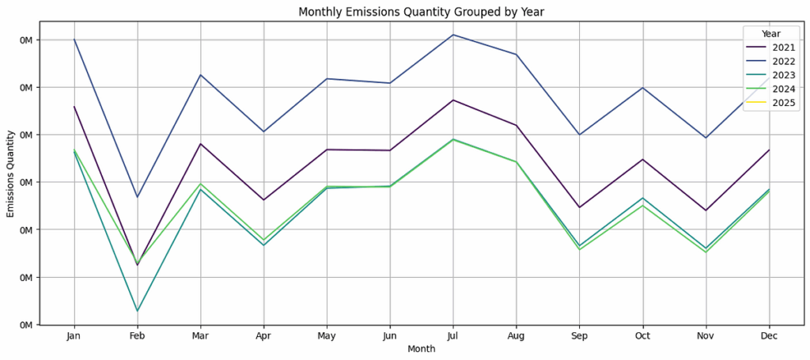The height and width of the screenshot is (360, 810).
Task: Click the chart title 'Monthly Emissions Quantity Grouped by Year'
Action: (x=422, y=11)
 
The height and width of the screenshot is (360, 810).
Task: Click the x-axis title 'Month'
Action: (x=422, y=349)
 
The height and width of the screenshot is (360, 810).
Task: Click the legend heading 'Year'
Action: (x=770, y=33)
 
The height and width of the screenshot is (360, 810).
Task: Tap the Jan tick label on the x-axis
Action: (x=74, y=336)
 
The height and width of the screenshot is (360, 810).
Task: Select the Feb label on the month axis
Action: (x=138, y=336)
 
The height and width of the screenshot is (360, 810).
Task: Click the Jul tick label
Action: (x=453, y=336)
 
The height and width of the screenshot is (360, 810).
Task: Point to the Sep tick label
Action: (x=580, y=336)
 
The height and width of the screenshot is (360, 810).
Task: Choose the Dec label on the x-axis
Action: (x=769, y=336)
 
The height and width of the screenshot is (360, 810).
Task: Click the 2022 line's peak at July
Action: (x=453, y=35)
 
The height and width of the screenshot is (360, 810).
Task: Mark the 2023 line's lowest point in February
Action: (x=138, y=311)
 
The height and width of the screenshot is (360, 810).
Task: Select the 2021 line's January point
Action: (x=74, y=107)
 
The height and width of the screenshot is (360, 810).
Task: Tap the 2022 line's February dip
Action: (x=138, y=197)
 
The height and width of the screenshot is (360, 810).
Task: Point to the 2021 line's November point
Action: (x=706, y=210)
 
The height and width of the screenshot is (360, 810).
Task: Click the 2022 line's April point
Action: (x=264, y=131)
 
